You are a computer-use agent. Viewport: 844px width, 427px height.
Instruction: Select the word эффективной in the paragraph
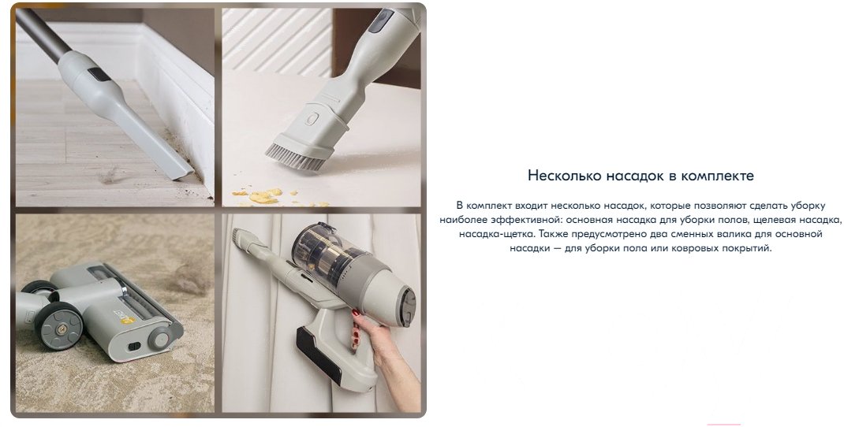pyautogui.click(x=516, y=220)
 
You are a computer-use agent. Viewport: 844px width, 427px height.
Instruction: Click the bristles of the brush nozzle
pyautogui.click(x=296, y=157)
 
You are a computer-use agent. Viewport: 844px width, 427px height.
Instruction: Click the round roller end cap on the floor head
pyautogui.click(x=159, y=337)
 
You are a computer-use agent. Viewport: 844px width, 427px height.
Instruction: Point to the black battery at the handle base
pyautogui.click(x=318, y=355)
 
